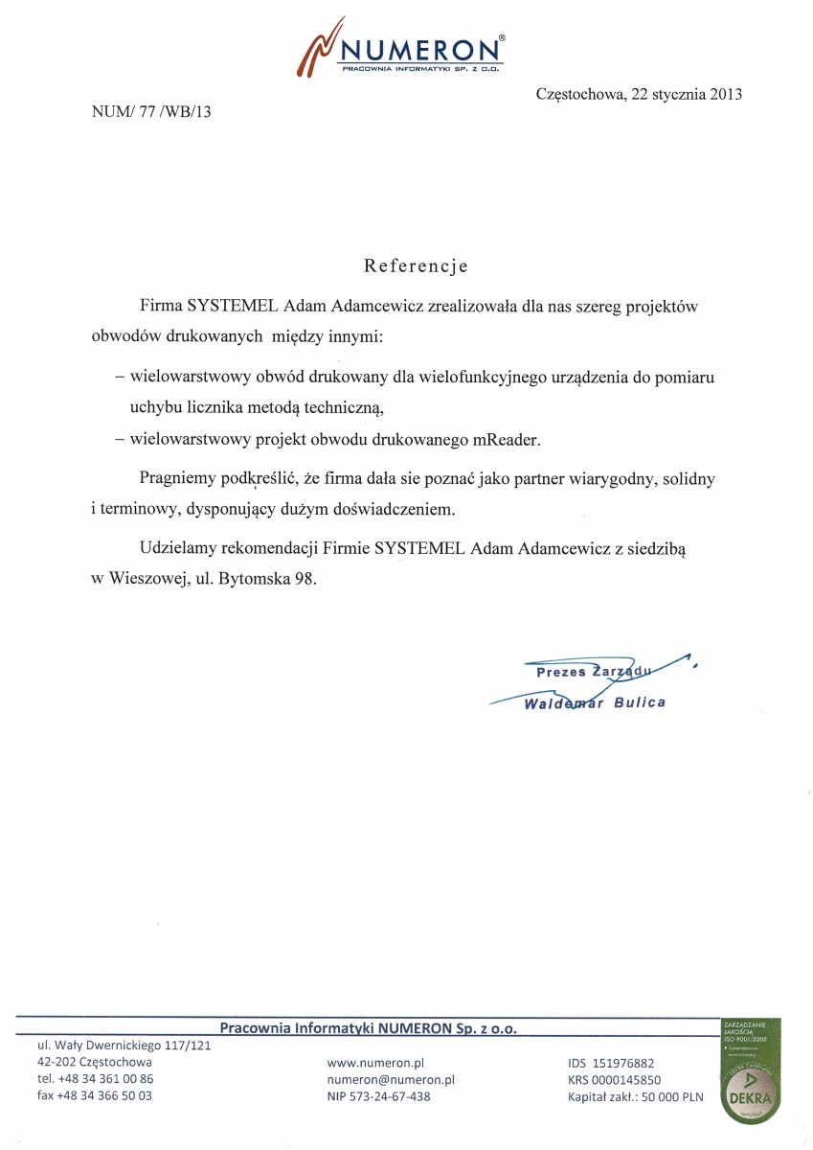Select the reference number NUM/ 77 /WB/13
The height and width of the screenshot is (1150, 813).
(151, 111)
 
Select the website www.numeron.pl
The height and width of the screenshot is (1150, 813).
(375, 1063)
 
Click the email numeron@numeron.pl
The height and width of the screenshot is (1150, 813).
(391, 1079)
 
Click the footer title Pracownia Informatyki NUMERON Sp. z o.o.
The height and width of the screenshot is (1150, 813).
(368, 1028)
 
